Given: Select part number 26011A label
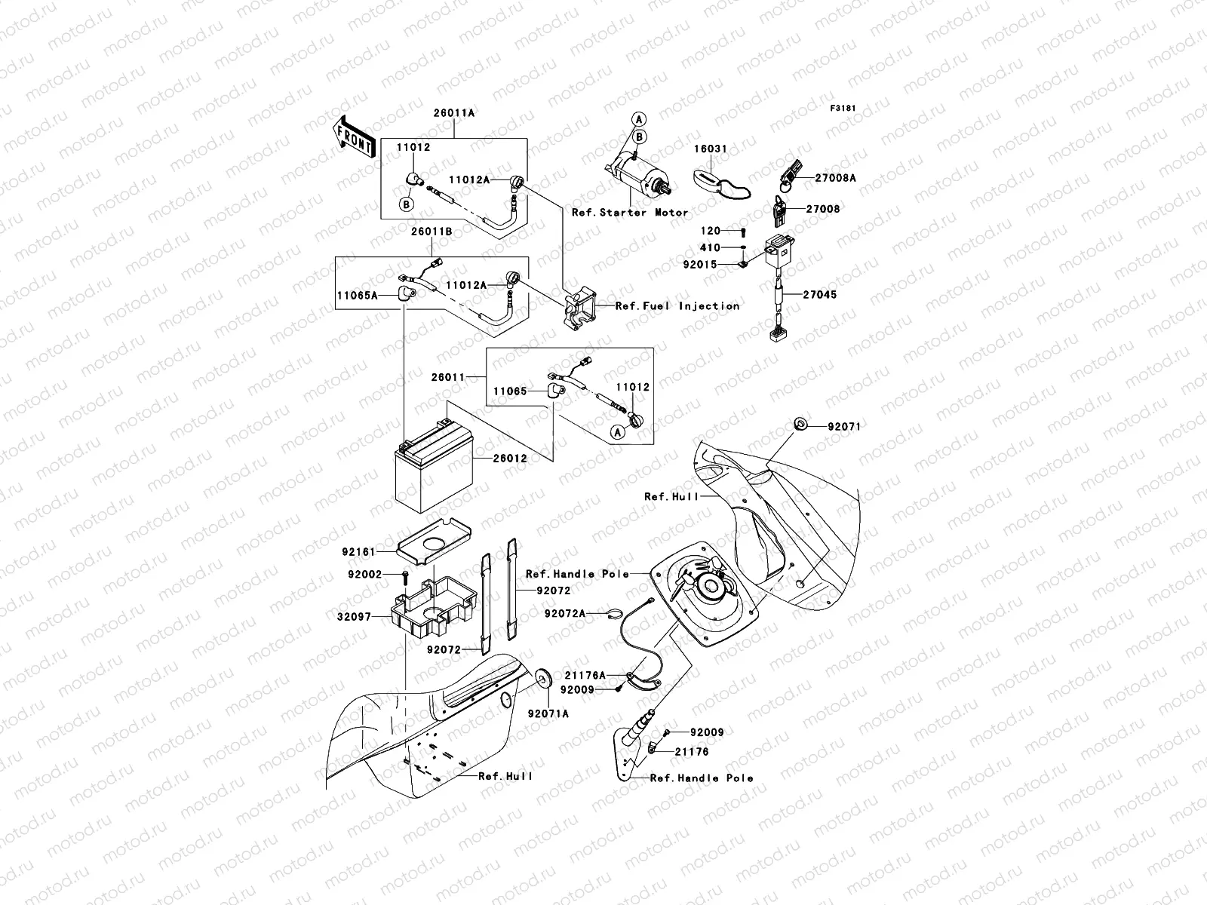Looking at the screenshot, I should [x=454, y=113].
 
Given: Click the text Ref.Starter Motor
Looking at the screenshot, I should [x=630, y=213].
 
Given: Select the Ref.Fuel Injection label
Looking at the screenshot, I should [x=677, y=305].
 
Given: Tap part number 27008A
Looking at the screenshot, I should [x=835, y=179].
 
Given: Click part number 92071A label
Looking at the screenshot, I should [x=548, y=713].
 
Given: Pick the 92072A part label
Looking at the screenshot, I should [x=564, y=614].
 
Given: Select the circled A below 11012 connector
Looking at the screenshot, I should [x=617, y=432].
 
